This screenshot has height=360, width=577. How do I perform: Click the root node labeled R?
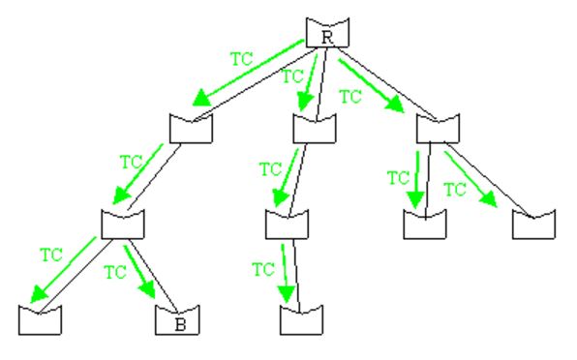326,34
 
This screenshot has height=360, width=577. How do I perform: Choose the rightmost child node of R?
437,128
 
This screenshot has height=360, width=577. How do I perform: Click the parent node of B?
123,225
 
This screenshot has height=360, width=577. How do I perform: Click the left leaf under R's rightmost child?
423,224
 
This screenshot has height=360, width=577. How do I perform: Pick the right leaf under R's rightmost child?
533,224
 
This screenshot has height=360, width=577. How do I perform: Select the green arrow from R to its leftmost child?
246,73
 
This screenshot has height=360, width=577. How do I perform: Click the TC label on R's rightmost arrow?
350,96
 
